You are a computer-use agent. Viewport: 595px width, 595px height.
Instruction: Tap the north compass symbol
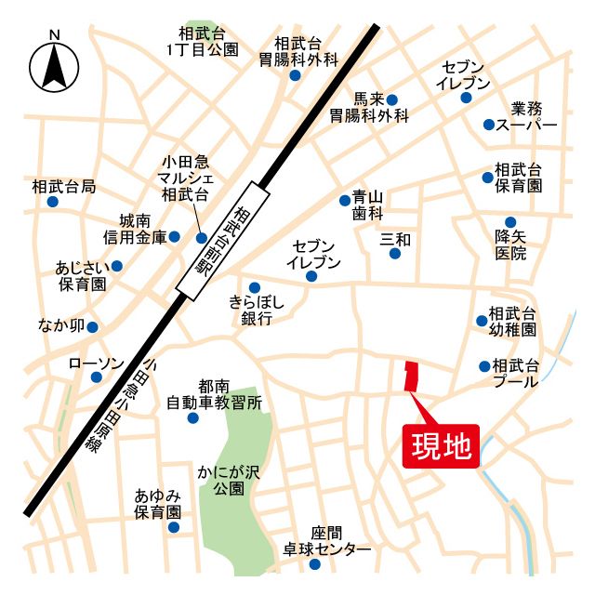[x=55, y=65]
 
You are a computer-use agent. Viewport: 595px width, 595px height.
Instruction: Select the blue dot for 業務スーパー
[x=489, y=125]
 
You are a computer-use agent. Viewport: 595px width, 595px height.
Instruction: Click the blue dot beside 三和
[x=396, y=254]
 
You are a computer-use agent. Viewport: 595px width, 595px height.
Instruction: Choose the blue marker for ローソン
[x=97, y=377]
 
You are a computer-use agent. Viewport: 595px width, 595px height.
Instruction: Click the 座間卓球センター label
[x=327, y=541]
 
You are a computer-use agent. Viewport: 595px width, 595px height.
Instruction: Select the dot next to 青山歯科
[x=345, y=200]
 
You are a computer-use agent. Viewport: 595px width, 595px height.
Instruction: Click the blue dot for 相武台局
[x=53, y=201]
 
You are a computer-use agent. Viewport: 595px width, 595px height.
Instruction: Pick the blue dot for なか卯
[x=92, y=327]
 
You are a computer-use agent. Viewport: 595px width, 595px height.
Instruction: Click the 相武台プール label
[x=517, y=373]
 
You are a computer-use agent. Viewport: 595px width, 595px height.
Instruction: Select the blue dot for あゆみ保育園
[x=173, y=527]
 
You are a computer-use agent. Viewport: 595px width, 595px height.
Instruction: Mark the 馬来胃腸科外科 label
[x=369, y=108]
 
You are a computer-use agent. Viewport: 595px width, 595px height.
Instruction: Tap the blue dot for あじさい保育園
[x=116, y=266]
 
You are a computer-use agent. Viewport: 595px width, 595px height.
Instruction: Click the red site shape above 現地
[x=410, y=376]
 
